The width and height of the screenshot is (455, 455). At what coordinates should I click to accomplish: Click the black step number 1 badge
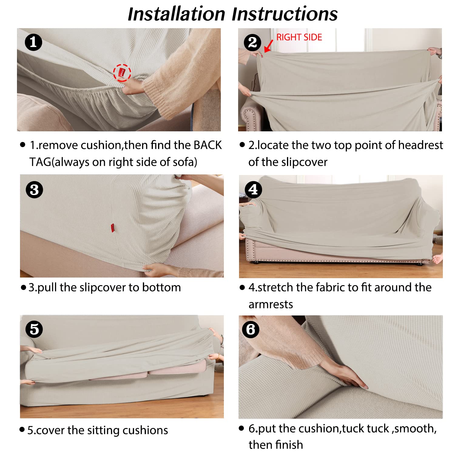tap(33, 42)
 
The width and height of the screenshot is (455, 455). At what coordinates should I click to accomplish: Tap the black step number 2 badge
tap(252, 42)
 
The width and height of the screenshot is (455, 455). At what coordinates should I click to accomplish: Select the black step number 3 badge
tap(34, 190)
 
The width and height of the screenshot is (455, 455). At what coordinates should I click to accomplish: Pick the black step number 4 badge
tap(253, 190)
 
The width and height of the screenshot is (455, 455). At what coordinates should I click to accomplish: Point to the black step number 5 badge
tap(34, 329)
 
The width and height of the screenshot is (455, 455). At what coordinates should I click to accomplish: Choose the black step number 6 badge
tap(251, 329)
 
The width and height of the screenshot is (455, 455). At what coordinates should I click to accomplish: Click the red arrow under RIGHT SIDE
tap(268, 46)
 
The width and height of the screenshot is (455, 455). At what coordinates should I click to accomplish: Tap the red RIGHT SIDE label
tap(299, 37)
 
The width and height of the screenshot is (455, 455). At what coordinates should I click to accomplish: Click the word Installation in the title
tap(177, 14)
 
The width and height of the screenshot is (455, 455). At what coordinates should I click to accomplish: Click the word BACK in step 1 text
tap(208, 145)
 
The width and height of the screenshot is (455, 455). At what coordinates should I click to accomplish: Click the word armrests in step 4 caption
tap(271, 304)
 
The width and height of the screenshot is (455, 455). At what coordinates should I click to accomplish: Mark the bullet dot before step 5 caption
tap(22, 429)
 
